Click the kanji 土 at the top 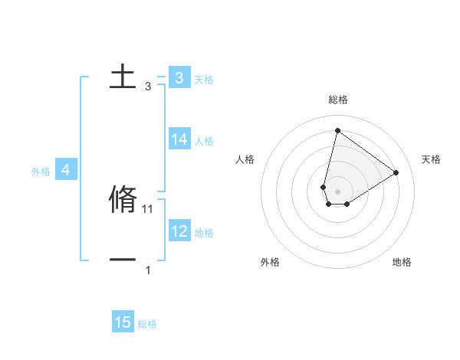[123, 77]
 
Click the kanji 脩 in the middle [123, 199]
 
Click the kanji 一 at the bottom [123, 260]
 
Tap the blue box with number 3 [179, 77]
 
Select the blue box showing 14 [179, 139]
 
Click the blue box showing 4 [66, 170]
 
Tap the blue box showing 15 [123, 322]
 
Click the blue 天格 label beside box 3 [204, 79]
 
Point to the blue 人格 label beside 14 [204, 141]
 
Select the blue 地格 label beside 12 [204, 232]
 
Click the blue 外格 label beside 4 [41, 172]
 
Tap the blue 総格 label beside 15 [147, 324]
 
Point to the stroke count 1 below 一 [148, 270]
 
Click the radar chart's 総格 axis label [338, 100]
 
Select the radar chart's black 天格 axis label [432, 159]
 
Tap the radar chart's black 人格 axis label [245, 159]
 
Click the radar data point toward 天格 [396, 172]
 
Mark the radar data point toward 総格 [337, 130]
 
